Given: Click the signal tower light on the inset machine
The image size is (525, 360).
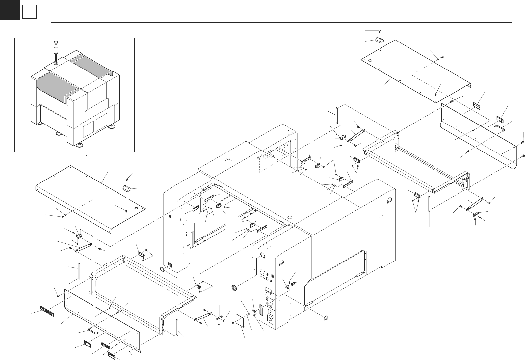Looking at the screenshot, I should tap(56, 48).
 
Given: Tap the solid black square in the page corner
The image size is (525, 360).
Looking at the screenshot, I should tap(10, 10).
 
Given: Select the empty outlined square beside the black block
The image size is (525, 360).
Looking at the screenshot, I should tap(29, 13).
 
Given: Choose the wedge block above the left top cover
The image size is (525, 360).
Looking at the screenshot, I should tap(127, 188).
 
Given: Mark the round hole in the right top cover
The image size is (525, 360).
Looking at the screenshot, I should tap(370, 61).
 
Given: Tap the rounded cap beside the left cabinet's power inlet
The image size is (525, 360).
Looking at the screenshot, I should tap(162, 269).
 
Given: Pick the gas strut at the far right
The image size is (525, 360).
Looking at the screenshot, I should tap(474, 205).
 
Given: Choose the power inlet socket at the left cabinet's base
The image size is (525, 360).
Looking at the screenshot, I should tap(170, 264).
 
